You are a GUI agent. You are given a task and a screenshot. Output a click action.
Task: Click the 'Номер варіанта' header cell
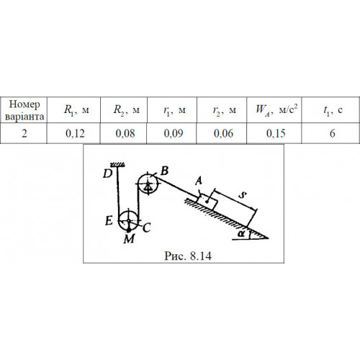click(x=24, y=110)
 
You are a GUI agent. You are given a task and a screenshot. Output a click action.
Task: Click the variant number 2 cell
click(x=24, y=133)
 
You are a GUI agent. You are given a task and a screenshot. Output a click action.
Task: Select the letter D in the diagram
click(x=107, y=174)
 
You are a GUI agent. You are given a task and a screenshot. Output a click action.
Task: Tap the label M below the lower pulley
click(x=129, y=239)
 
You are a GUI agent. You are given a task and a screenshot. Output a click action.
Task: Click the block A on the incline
click(x=207, y=201)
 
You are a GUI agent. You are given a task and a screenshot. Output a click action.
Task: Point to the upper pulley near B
click(x=148, y=184)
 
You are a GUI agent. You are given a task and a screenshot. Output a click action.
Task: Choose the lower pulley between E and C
click(x=129, y=220)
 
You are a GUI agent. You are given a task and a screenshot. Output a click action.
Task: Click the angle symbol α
click(x=241, y=234)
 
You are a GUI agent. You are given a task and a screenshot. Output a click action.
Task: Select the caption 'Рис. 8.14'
click(x=188, y=256)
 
